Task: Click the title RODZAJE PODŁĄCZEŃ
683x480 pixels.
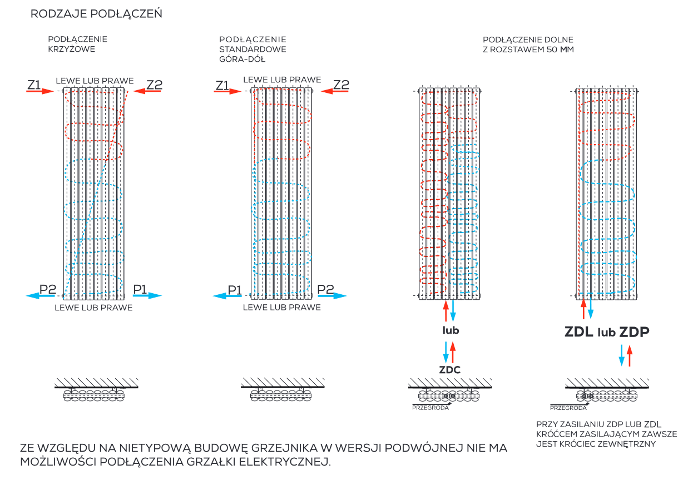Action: click(96, 14)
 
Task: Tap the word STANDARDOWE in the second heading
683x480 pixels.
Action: click(253, 49)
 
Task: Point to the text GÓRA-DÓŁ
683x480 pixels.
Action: click(242, 58)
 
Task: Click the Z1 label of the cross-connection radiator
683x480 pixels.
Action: click(34, 85)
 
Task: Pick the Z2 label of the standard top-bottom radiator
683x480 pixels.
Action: click(341, 85)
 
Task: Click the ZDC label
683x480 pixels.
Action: click(450, 370)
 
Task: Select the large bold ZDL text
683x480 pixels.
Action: click(579, 332)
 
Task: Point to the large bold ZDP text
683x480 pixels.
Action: click(634, 332)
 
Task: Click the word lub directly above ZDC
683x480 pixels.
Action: click(451, 330)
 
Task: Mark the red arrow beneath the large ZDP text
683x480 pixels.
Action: click(630, 355)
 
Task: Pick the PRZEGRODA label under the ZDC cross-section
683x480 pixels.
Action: click(429, 407)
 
